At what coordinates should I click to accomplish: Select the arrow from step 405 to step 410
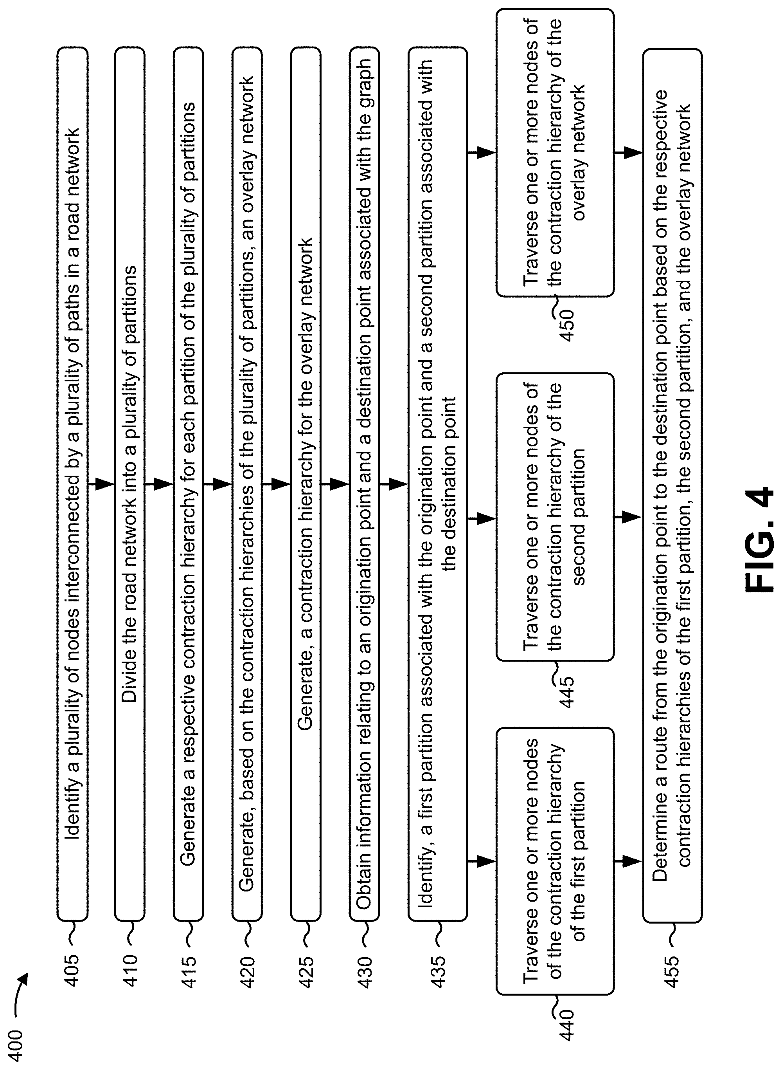tap(101, 484)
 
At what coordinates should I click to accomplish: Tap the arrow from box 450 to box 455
tap(628, 153)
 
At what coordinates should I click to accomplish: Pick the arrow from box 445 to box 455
tap(628, 517)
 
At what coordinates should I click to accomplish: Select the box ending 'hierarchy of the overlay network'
tap(555, 153)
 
